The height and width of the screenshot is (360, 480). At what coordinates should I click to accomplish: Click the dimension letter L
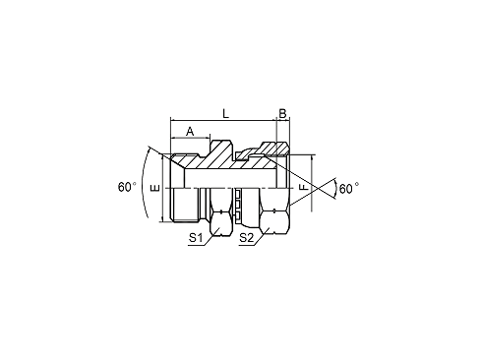point(225,113)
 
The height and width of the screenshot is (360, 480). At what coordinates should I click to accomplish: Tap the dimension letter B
point(282,113)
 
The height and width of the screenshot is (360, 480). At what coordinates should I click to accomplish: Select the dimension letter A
point(190,132)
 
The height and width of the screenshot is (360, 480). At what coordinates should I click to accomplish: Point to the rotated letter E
point(155,188)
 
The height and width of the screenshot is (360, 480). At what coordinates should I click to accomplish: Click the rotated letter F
point(304,187)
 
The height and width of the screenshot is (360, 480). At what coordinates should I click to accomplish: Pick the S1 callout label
point(196,238)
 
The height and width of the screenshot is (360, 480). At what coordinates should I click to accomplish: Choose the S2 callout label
point(247,238)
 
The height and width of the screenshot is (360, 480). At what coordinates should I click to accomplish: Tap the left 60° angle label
point(127,187)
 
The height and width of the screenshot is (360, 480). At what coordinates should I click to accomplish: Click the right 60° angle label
point(349,189)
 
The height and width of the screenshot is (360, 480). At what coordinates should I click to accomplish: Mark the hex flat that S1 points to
point(220,223)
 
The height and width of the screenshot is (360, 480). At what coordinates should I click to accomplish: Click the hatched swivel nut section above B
point(274,149)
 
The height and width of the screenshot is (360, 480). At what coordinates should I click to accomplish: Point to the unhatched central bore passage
point(230,179)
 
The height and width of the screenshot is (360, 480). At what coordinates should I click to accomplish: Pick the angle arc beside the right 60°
point(336,189)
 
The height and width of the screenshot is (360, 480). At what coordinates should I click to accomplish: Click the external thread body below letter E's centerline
point(185,205)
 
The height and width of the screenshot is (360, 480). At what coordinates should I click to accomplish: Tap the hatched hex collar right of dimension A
point(222,154)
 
